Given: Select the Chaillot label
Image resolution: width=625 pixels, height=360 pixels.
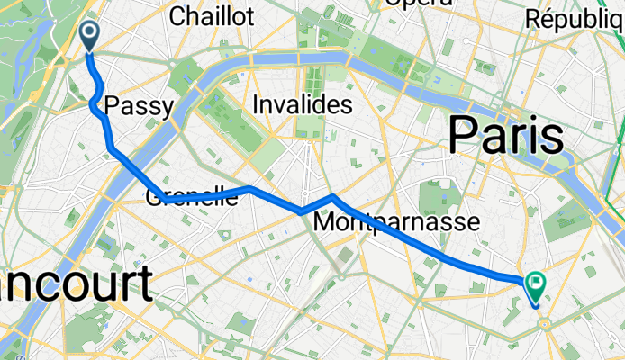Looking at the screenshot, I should pyautogui.click(x=212, y=15).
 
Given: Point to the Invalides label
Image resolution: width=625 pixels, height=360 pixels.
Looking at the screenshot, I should pyautogui.click(x=302, y=105).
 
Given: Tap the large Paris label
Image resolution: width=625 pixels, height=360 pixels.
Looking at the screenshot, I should pyautogui.click(x=505, y=137).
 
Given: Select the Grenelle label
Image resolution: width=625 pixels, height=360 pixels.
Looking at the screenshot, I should pyautogui.click(x=192, y=196).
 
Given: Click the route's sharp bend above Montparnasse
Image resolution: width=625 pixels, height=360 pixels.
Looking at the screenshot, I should pyautogui.click(x=332, y=195).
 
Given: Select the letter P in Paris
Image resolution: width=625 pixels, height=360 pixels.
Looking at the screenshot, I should pyautogui.click(x=465, y=137).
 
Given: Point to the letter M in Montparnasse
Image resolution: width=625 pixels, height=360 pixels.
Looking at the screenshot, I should pyautogui.click(x=324, y=221).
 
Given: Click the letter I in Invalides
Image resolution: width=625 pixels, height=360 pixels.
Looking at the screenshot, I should pyautogui.click(x=256, y=105).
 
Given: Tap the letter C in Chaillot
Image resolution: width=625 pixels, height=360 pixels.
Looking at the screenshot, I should pyautogui.click(x=177, y=15).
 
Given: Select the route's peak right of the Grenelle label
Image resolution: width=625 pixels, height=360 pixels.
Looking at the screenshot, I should pyautogui.click(x=250, y=188).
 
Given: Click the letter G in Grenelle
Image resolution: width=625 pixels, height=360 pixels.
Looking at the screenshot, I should pyautogui.click(x=153, y=196).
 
